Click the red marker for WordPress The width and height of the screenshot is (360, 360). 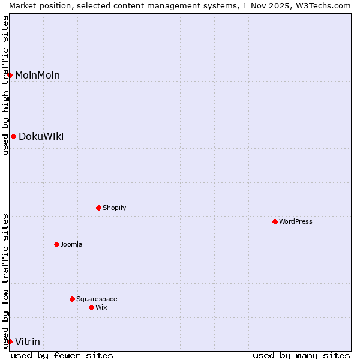point(275,221)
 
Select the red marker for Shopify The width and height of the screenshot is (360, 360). point(98,208)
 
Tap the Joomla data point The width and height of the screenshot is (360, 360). point(56,244)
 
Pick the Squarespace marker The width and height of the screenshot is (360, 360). point(72,299)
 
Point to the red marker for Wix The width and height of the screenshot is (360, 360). point(91,307)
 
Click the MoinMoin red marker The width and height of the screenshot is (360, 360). point(10,75)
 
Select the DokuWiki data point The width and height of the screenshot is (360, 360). point(13,136)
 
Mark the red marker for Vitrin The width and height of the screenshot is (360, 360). point(10,341)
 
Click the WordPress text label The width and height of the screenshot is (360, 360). point(296,221)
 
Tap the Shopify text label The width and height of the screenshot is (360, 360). point(114,208)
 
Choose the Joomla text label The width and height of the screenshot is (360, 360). point(71,244)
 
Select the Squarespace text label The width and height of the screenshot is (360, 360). point(97,299)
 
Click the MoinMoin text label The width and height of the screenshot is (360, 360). point(37,75)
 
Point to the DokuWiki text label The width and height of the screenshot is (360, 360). point(41,136)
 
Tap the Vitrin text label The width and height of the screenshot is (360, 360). point(28,341)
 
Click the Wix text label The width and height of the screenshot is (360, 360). point(101,307)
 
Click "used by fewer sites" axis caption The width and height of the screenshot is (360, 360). point(62,355)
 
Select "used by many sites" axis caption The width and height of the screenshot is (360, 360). point(301,355)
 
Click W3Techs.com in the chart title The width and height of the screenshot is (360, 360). point(322,5)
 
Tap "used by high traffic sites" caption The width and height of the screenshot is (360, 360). point(5,85)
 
